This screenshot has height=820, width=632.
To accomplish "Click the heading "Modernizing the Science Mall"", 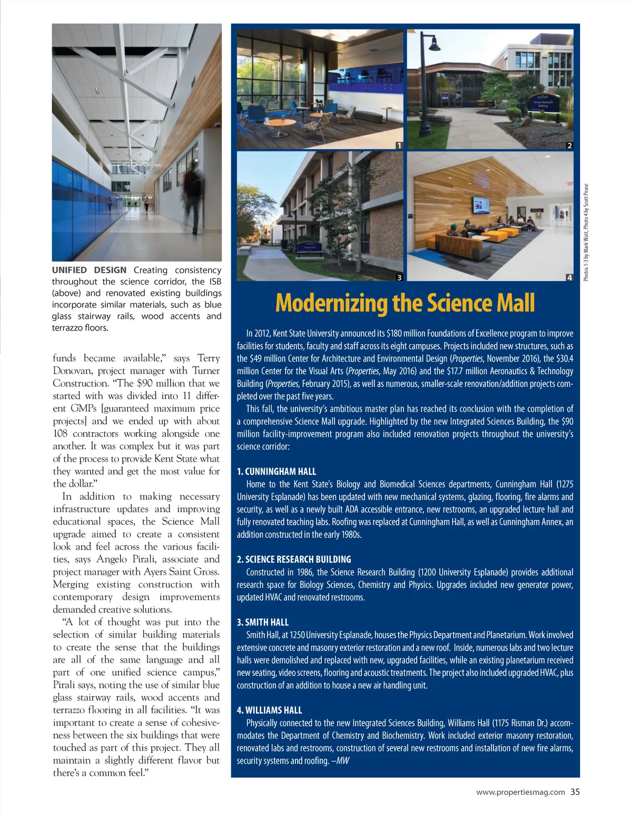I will [x=405, y=303].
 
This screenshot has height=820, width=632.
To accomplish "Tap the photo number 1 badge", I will [x=399, y=145].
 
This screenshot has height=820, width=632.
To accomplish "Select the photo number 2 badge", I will [x=569, y=145].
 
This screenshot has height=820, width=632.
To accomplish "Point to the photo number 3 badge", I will [x=399, y=277].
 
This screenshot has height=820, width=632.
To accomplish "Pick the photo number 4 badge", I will [x=569, y=277].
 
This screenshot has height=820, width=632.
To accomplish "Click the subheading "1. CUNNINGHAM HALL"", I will [x=276, y=472].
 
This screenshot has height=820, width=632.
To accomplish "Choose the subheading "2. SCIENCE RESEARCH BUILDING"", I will [x=294, y=559].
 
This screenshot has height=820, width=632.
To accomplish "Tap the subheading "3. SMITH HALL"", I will [x=263, y=622].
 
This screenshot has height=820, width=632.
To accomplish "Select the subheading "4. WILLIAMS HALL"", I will [x=269, y=710].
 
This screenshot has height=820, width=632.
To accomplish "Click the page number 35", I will [x=575, y=792].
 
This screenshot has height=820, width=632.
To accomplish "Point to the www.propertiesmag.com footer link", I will [x=520, y=792].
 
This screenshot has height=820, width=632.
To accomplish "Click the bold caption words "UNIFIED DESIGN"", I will [x=89, y=270].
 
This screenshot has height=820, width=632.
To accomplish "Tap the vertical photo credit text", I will [x=587, y=232].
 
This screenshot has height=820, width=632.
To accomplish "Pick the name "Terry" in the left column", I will [x=209, y=358].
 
